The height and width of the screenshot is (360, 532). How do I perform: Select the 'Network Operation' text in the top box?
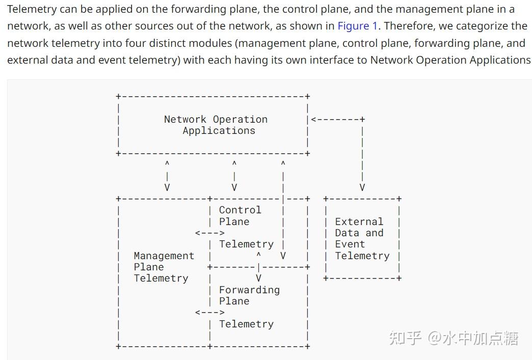(216, 119)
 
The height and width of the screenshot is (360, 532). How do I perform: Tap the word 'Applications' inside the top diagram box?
(219, 130)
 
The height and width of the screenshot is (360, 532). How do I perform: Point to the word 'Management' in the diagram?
(164, 256)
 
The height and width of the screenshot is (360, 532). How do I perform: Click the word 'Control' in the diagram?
(240, 210)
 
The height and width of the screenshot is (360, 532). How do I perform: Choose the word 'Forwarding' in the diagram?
(249, 290)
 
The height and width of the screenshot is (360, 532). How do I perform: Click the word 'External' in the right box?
(359, 221)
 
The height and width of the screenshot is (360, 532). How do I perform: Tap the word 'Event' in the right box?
(350, 244)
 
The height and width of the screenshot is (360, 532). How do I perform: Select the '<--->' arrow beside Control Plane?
(209, 233)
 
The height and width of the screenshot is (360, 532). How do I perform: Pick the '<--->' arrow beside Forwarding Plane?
(209, 312)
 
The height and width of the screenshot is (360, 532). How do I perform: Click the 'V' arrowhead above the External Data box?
(362, 187)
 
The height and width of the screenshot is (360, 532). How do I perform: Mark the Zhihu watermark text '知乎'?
(405, 338)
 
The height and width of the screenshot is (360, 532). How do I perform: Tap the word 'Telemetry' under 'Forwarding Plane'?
(246, 324)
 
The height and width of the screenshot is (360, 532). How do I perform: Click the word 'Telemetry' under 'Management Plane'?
(161, 278)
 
